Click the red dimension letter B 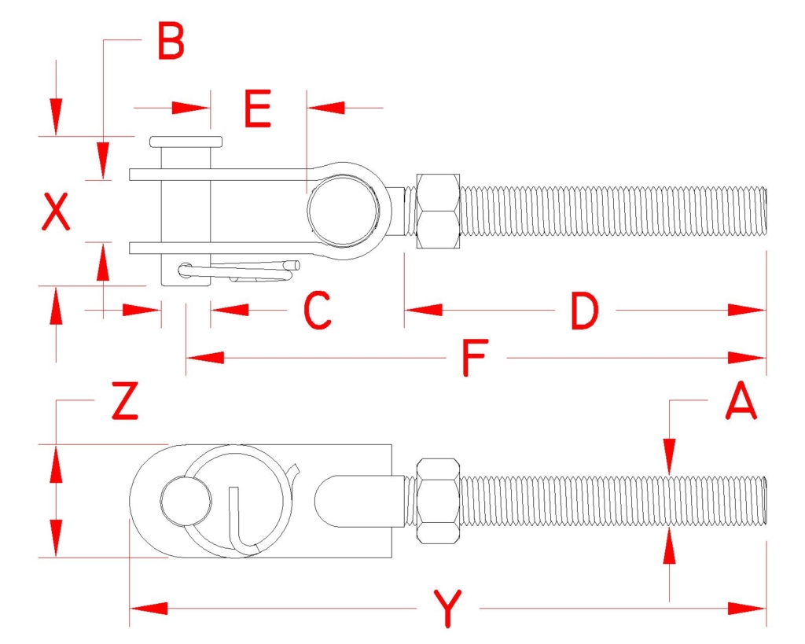(171, 41)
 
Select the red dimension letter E (258, 109)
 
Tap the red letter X (56, 211)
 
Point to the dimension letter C (318, 310)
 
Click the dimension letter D (585, 311)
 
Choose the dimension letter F (475, 358)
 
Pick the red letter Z (125, 400)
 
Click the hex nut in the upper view (438, 211)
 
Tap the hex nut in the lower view (438, 501)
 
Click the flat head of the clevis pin (186, 142)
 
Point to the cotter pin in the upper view (239, 271)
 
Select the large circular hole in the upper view (344, 211)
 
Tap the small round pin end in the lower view (186, 501)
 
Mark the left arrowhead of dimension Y (149, 609)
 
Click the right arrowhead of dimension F (747, 358)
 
